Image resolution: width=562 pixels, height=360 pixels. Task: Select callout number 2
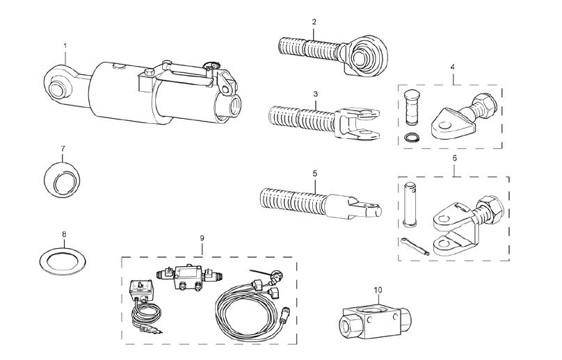coord(314,22)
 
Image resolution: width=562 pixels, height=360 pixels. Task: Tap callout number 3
coord(315,92)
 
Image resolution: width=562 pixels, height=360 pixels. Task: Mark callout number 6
coord(455,158)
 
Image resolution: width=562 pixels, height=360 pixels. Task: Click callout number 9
coord(202,238)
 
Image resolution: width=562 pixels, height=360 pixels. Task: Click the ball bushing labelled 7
coord(58,179)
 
